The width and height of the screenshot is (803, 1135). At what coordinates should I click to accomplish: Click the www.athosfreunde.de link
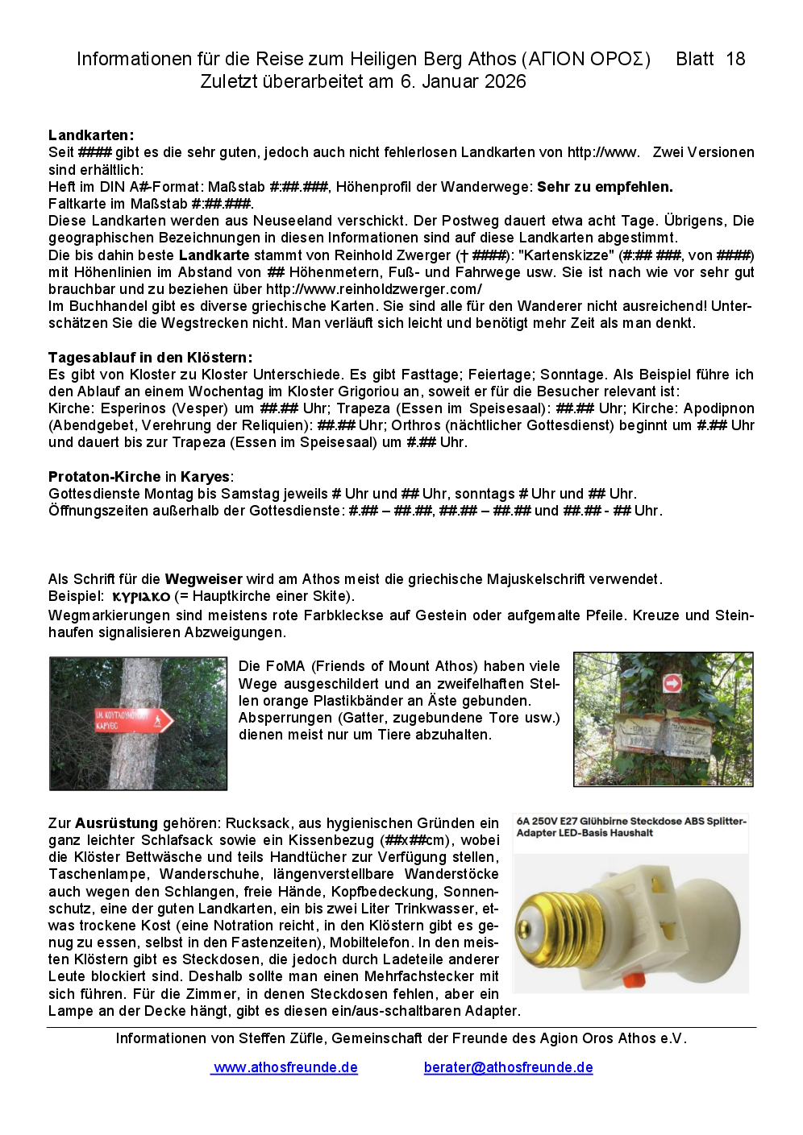pos(285,1067)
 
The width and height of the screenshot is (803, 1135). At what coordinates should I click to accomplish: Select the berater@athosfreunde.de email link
pos(508,1067)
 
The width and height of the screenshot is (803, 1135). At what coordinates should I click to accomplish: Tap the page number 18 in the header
pos(735,59)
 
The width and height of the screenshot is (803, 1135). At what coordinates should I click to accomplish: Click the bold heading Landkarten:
pos(91,135)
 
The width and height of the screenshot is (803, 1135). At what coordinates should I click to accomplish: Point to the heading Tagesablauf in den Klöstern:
pos(150,358)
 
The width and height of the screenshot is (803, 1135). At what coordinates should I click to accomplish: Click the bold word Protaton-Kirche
pos(105,477)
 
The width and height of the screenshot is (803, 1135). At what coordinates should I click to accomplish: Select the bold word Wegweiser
pos(203,579)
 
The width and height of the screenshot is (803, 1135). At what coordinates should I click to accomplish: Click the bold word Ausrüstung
pos(116,823)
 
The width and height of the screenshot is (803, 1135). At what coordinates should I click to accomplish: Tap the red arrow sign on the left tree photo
pos(134,719)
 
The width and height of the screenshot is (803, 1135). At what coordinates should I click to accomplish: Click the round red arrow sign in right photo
pos(672,683)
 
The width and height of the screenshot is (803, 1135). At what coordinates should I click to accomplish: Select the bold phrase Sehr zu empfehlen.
pos(605,187)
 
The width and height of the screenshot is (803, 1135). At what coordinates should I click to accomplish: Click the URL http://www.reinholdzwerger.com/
pos(374,289)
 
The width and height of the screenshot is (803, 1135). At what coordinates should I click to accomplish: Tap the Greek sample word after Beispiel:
pos(141,597)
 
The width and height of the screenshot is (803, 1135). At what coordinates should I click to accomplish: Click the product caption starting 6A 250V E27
pos(631,827)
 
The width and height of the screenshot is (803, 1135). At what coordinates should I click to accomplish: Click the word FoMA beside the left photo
pos(285,666)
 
